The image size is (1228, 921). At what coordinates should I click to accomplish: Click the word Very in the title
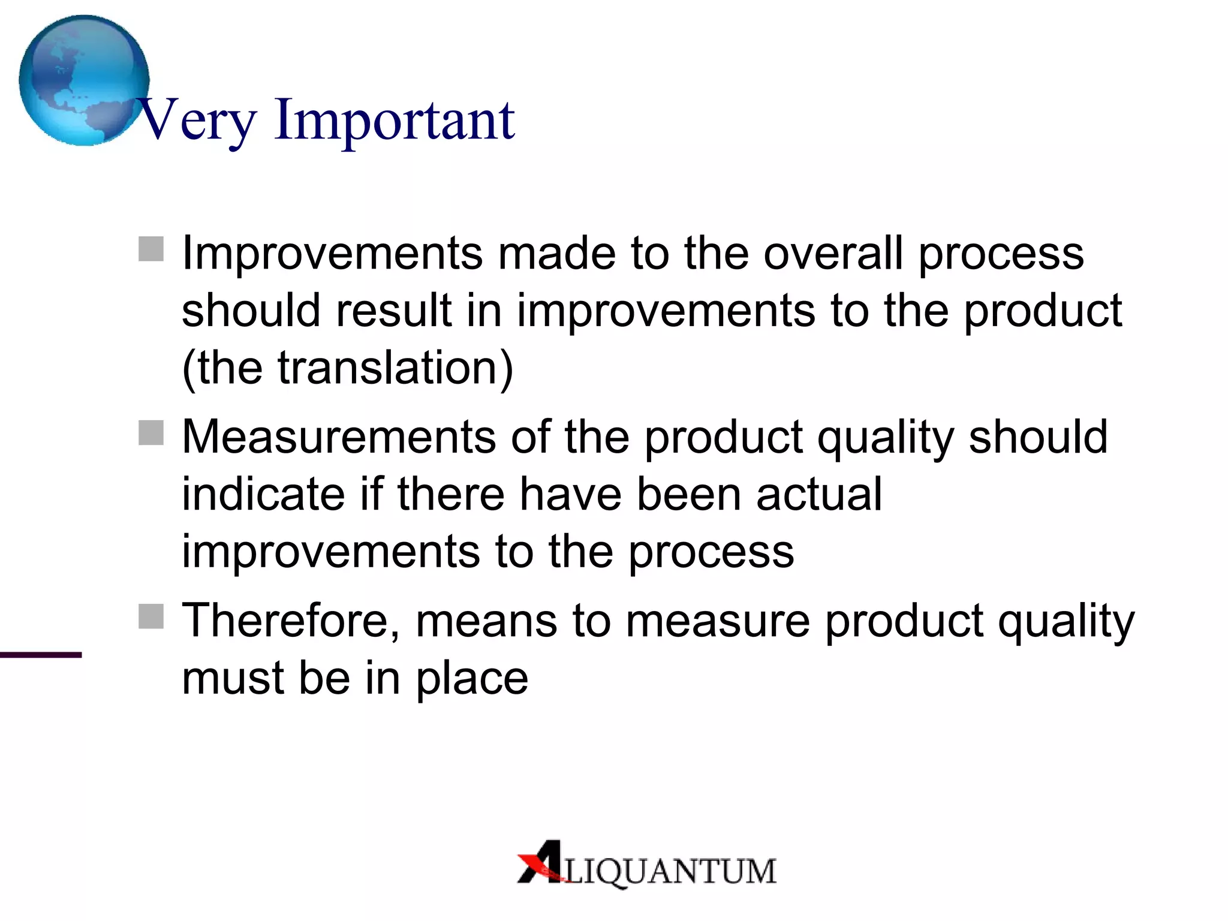pos(198,121)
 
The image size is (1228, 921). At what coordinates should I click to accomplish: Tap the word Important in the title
pos(395,121)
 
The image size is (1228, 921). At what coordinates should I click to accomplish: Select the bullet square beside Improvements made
pos(151,249)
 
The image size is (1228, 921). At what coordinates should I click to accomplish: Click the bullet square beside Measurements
pos(151,432)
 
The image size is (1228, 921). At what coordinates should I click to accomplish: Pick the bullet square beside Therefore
pos(151,616)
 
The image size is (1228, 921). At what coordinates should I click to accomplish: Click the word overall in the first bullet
pos(833,253)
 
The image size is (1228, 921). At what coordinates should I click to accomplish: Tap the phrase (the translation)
pos(348,368)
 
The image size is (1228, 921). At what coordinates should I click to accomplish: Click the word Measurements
pos(339,437)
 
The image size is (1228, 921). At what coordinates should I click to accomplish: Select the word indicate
pos(263,494)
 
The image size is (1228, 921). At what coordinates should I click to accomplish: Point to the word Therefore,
pos(291,621)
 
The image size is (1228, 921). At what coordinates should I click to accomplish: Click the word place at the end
pos(472,679)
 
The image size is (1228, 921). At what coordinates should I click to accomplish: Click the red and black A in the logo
pos(541,862)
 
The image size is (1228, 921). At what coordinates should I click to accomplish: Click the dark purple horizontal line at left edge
pos(41,655)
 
